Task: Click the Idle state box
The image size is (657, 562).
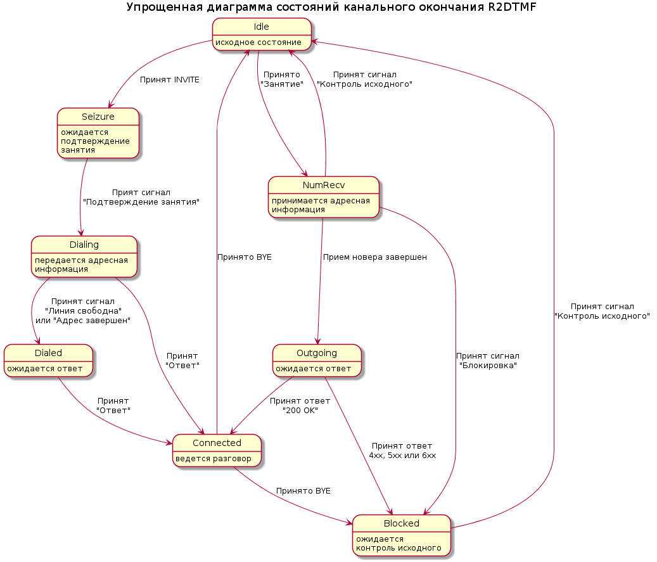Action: pyautogui.click(x=262, y=34)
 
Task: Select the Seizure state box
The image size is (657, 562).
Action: pyautogui.click(x=98, y=133)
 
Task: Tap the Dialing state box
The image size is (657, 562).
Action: pyautogui.click(x=84, y=257)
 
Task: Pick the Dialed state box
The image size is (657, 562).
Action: pyautogui.click(x=48, y=361)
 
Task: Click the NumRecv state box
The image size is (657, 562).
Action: pyautogui.click(x=324, y=197)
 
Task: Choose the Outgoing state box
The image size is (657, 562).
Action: pyautogui.click(x=317, y=361)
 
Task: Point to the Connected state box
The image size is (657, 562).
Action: pyautogui.click(x=217, y=450)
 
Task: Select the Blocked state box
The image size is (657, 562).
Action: pyautogui.click(x=402, y=535)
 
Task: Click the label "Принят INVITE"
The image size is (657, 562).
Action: pyautogui.click(x=170, y=80)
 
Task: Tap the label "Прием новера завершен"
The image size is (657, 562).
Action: pyautogui.click(x=375, y=257)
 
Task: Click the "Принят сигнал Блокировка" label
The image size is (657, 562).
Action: pyautogui.click(x=488, y=361)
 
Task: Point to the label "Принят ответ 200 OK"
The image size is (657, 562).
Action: pyautogui.click(x=300, y=406)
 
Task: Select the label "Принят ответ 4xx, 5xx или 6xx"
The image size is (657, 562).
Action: pyautogui.click(x=402, y=450)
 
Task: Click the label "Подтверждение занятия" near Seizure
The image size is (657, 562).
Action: pyautogui.click(x=141, y=202)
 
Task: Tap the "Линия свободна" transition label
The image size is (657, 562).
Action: pyautogui.click(x=83, y=311)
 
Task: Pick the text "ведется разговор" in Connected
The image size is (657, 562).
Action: pyautogui.click(x=214, y=459)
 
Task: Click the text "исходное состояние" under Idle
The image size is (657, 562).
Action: pyautogui.click(x=258, y=42)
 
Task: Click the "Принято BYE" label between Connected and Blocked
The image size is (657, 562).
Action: pyautogui.click(x=303, y=491)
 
